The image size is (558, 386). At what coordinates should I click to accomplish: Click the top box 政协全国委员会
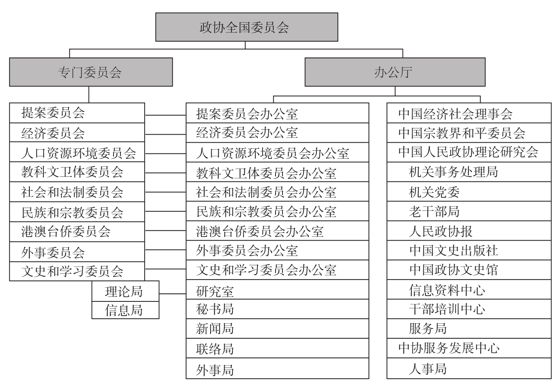pyautogui.click(x=247, y=27)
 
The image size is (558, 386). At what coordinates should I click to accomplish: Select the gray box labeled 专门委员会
pyautogui.click(x=91, y=72)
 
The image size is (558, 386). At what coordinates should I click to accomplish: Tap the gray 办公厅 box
pyautogui.click(x=395, y=72)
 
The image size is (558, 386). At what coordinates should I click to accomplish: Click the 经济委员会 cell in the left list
pyautogui.click(x=77, y=132)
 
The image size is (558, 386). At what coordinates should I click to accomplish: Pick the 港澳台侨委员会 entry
pyautogui.click(x=77, y=232)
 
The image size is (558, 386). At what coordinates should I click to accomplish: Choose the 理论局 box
pyautogui.click(x=125, y=291)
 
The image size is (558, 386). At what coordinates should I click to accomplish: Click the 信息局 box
pyautogui.click(x=125, y=310)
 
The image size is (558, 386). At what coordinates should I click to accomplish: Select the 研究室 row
pyautogui.click(x=277, y=289)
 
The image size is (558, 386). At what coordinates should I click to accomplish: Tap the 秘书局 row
pyautogui.click(x=277, y=309)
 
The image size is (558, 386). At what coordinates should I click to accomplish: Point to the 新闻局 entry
pyautogui.click(x=277, y=328)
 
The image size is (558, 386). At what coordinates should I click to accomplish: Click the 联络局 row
pyautogui.click(x=277, y=348)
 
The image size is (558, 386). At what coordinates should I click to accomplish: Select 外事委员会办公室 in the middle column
pyautogui.click(x=277, y=250)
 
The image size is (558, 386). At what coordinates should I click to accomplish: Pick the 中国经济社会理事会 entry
pyautogui.click(x=469, y=113)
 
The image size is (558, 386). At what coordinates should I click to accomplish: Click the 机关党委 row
pyautogui.click(x=469, y=191)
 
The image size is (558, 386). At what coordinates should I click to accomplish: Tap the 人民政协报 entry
pyautogui.click(x=469, y=231)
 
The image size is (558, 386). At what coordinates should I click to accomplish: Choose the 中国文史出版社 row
pyautogui.click(x=469, y=250)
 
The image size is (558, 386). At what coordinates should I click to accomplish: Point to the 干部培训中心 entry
pyautogui.click(x=469, y=309)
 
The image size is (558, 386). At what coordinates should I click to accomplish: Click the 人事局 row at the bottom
pyautogui.click(x=469, y=368)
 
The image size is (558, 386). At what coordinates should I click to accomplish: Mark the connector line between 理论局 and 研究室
pyautogui.click(x=172, y=294)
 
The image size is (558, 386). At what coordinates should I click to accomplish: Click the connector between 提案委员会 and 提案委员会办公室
pyautogui.click(x=165, y=115)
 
